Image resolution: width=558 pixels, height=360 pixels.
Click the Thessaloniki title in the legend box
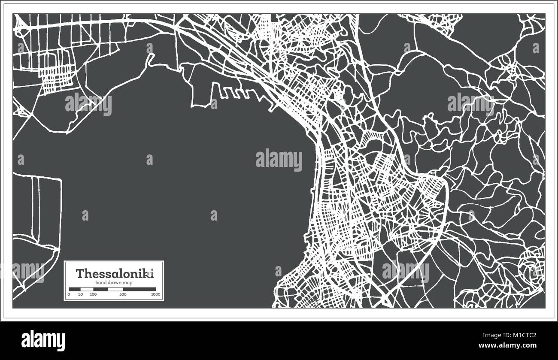[114, 273]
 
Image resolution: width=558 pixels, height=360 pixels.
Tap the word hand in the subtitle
[100, 283]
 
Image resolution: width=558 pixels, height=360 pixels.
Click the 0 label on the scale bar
[69, 295]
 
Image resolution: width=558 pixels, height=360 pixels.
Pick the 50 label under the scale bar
[80, 295]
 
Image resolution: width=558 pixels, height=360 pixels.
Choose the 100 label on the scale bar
[93, 295]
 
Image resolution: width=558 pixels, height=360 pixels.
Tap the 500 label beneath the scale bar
[123, 295]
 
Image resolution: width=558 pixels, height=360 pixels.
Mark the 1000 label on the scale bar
[155, 295]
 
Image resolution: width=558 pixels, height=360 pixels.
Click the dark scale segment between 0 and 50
[74, 289]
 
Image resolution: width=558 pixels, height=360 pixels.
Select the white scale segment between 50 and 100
[86, 289]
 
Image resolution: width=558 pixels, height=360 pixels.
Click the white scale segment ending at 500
[115, 289]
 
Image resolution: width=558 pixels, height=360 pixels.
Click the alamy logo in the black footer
[43, 340]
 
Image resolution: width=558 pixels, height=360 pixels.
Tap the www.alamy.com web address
[515, 345]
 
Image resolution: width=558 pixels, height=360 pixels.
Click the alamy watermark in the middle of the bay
[279, 159]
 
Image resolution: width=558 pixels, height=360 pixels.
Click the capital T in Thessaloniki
[80, 273]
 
